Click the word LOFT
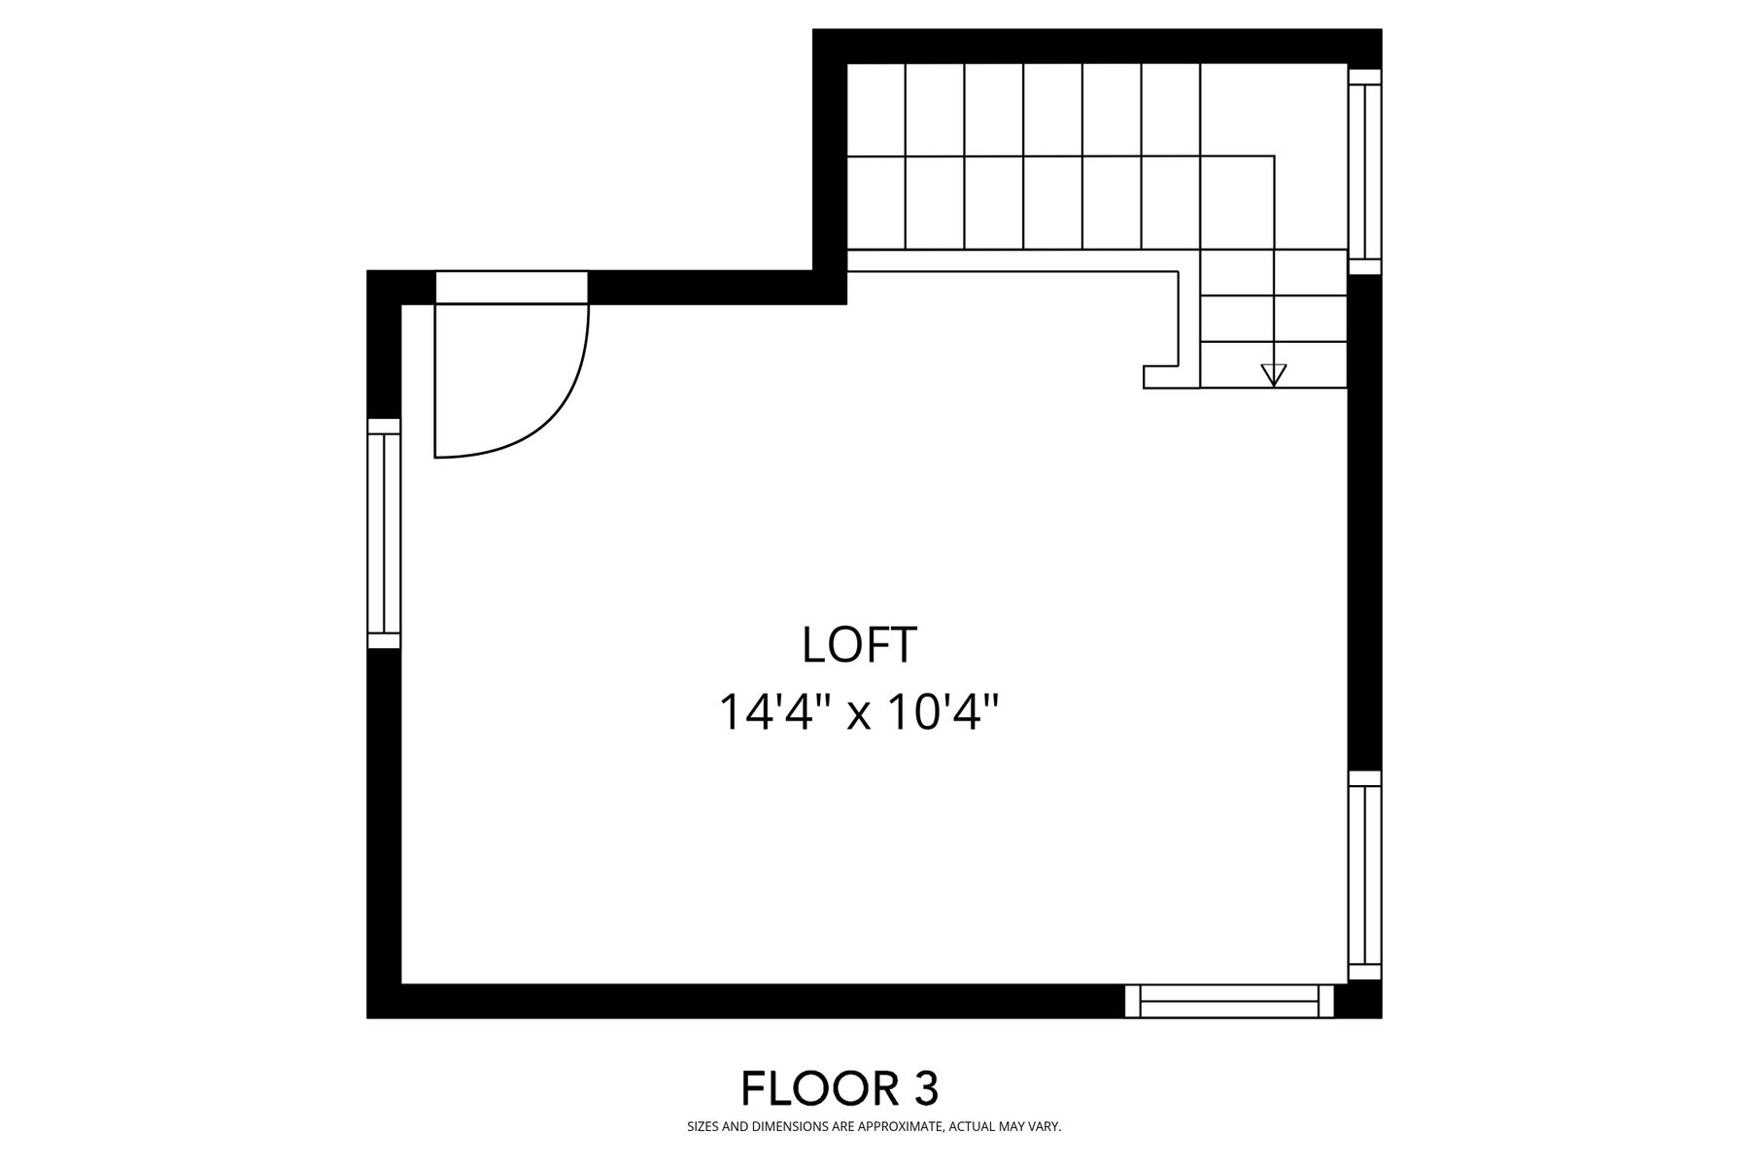[859, 645]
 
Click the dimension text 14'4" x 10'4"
[859, 712]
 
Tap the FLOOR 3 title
[840, 1088]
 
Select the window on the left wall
[384, 533]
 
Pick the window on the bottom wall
[1229, 1001]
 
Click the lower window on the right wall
[1364, 875]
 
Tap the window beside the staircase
[1364, 171]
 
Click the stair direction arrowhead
[1273, 375]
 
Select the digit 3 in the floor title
[926, 1088]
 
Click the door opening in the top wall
[511, 288]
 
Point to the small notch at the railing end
[1161, 378]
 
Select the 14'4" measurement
[778, 712]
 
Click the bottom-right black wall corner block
[1358, 1001]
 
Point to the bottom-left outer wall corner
[367, 1017]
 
